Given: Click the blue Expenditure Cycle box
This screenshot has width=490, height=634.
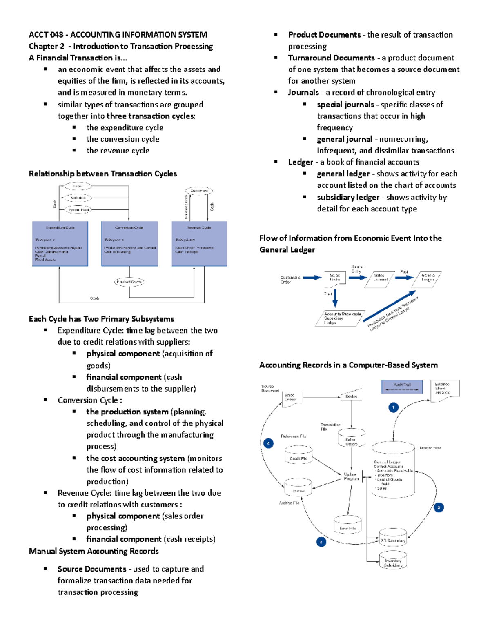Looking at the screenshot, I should (x=60, y=244).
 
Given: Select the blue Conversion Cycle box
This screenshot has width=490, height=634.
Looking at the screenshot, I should (x=129, y=244).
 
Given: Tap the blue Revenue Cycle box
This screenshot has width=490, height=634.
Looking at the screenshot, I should (x=199, y=244).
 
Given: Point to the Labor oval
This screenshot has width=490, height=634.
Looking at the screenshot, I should (x=78, y=186).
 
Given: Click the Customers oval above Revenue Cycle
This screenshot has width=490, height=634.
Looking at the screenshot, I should (x=199, y=191).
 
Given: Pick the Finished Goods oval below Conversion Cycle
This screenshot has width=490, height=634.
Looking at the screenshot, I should (x=129, y=282).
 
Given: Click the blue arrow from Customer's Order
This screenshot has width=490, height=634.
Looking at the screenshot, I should (x=312, y=278).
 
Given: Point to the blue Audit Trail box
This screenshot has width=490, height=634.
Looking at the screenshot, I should (x=402, y=387).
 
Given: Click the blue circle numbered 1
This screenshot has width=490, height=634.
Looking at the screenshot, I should (x=393, y=407).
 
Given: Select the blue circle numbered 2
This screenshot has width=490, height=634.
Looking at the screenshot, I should (x=439, y=507).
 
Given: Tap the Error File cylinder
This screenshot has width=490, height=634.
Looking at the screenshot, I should (x=347, y=525).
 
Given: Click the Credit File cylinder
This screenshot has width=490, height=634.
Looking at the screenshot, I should (x=298, y=456).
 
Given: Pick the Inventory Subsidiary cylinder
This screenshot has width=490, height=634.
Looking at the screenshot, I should (x=393, y=561).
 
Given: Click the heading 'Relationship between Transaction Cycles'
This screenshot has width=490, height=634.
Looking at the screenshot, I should (x=103, y=174).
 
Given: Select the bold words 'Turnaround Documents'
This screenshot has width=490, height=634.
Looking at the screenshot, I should (x=331, y=58).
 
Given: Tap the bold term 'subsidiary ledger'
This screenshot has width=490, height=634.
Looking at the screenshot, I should (x=348, y=197).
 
